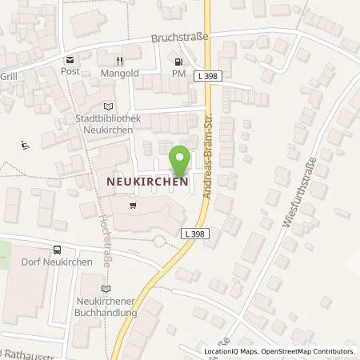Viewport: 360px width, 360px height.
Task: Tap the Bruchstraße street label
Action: [x=181, y=38]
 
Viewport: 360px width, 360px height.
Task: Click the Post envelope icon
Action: [x=70, y=60]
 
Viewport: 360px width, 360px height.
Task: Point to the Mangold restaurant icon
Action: [x=118, y=60]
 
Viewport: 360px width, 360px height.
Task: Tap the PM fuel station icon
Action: [x=178, y=61]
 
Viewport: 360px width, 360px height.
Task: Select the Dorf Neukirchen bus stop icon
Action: [x=57, y=250]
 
